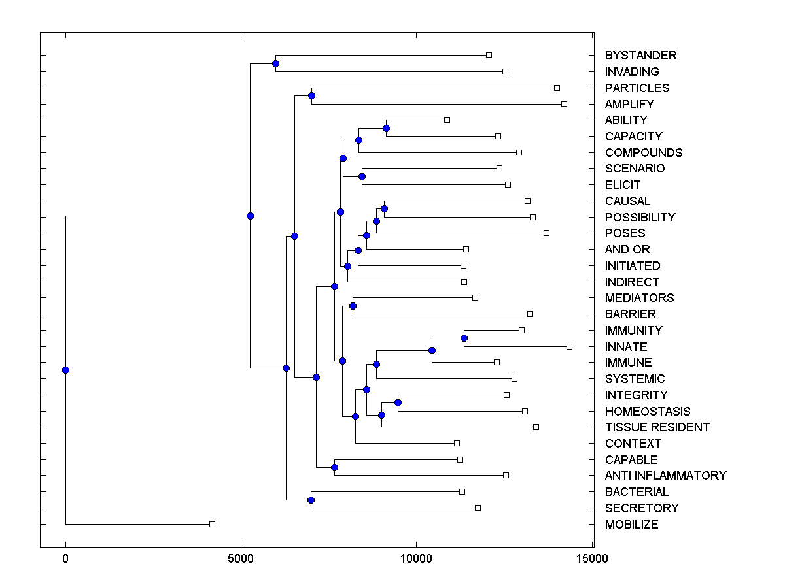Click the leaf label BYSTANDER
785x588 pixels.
pyautogui.click(x=640, y=56)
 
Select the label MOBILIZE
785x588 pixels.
pyautogui.click(x=631, y=525)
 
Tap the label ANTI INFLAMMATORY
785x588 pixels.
pyautogui.click(x=665, y=476)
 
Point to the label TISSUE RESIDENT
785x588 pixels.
pyautogui.click(x=657, y=427)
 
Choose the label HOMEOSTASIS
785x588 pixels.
pyautogui.click(x=647, y=412)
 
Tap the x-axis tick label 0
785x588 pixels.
pyautogui.click(x=65, y=559)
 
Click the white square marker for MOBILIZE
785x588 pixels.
pyautogui.click(x=212, y=524)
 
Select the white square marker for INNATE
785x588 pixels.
pyautogui.click(x=569, y=346)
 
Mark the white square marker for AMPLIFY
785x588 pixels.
pyautogui.click(x=565, y=104)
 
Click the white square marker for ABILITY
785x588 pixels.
pyautogui.click(x=447, y=120)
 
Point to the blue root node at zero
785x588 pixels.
pyautogui.click(x=65, y=370)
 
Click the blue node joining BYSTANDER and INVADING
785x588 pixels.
pyautogui.click(x=275, y=63)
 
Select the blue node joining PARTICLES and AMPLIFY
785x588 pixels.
pyautogui.click(x=311, y=96)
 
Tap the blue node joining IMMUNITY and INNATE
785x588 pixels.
pyautogui.click(x=464, y=338)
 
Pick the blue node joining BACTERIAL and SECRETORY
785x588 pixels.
pyautogui.click(x=311, y=500)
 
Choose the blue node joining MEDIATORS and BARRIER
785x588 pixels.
pyautogui.click(x=353, y=306)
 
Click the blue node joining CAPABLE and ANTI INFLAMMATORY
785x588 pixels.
pyautogui.click(x=334, y=467)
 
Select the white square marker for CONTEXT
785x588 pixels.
pyautogui.click(x=457, y=443)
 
